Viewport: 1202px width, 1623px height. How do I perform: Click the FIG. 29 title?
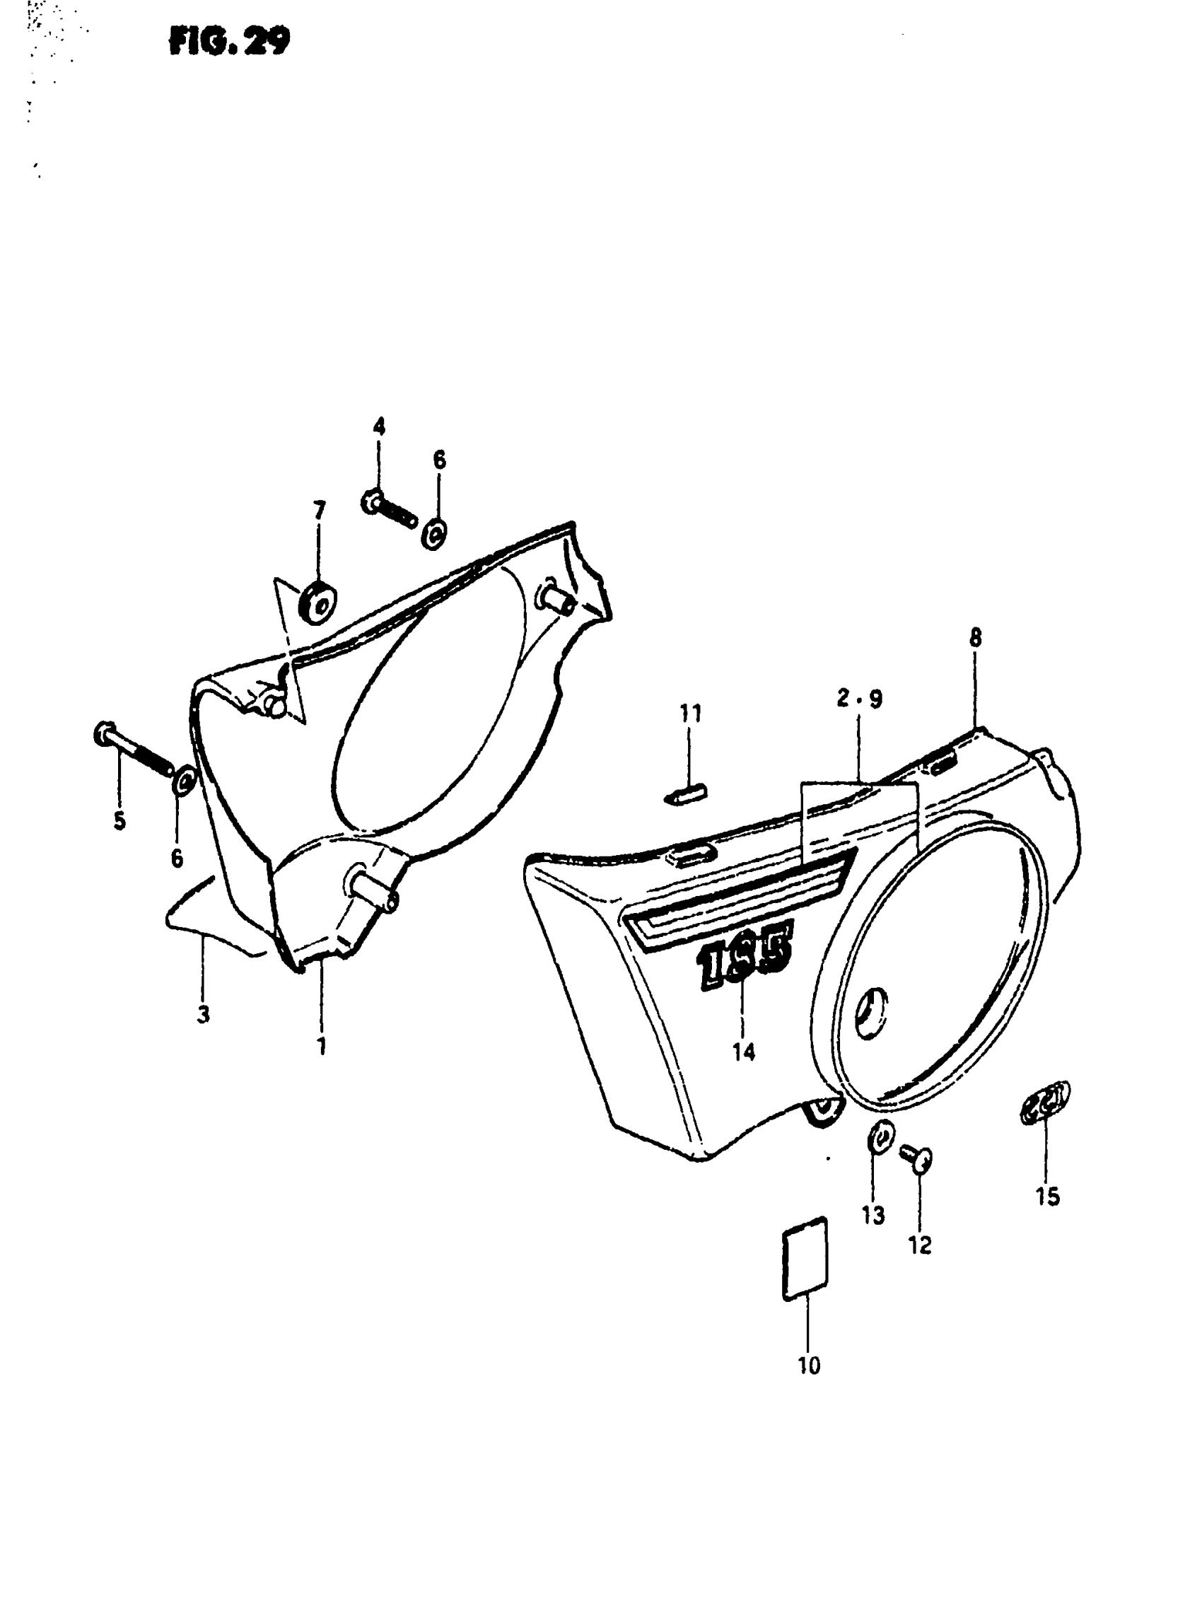tap(228, 42)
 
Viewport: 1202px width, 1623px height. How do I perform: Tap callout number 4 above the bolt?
tap(379, 427)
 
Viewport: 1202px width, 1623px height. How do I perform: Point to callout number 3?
tap(203, 1013)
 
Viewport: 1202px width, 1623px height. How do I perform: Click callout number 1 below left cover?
tap(321, 1047)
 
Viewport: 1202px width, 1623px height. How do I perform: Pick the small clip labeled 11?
tap(685, 793)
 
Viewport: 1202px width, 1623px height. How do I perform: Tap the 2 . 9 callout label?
tap(858, 699)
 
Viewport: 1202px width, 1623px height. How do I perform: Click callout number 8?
tap(975, 639)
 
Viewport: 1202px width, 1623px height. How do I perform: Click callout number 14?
tap(744, 1051)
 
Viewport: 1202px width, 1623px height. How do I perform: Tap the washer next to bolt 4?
tap(434, 535)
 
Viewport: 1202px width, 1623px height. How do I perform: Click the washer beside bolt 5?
tap(182, 780)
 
